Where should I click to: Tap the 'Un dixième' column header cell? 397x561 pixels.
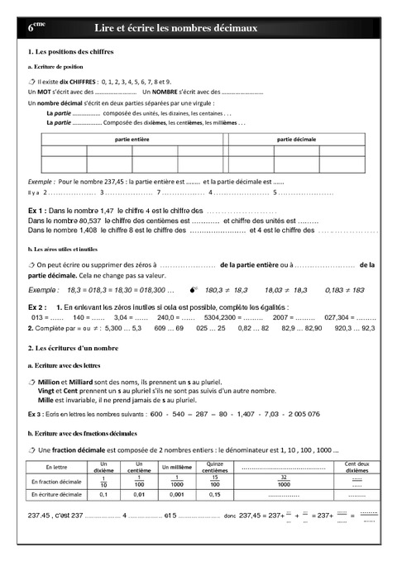(x=103, y=467)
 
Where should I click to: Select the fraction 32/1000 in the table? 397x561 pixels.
(x=284, y=481)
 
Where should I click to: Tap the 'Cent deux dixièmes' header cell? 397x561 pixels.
(x=356, y=467)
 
